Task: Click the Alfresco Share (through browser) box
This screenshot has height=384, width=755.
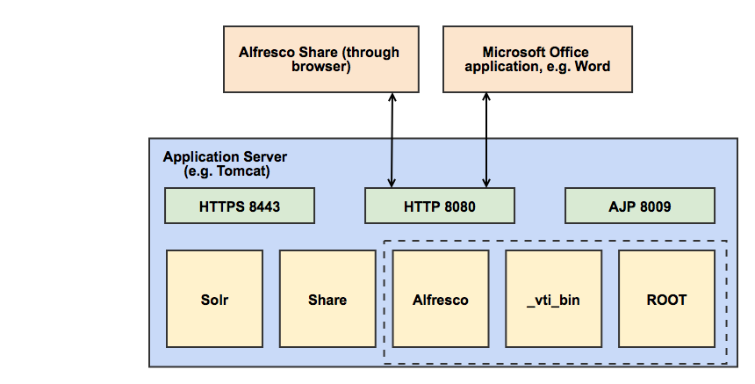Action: (319, 58)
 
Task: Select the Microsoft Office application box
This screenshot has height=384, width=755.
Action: (536, 58)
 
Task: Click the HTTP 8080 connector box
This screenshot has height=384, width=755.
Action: (439, 206)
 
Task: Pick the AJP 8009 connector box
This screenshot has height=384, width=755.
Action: (639, 206)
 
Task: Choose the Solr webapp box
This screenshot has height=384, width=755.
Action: (214, 300)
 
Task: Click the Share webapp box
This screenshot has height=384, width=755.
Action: (327, 300)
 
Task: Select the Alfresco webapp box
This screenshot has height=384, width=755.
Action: (440, 300)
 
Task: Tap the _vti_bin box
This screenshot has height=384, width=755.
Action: (553, 300)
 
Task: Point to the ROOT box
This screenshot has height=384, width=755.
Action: (666, 300)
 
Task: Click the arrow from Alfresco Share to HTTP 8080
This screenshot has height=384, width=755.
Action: (392, 141)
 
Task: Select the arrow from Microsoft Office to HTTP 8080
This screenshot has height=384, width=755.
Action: (485, 141)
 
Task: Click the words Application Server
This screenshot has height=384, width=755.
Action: (225, 157)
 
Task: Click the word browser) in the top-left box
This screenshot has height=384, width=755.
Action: (320, 67)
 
